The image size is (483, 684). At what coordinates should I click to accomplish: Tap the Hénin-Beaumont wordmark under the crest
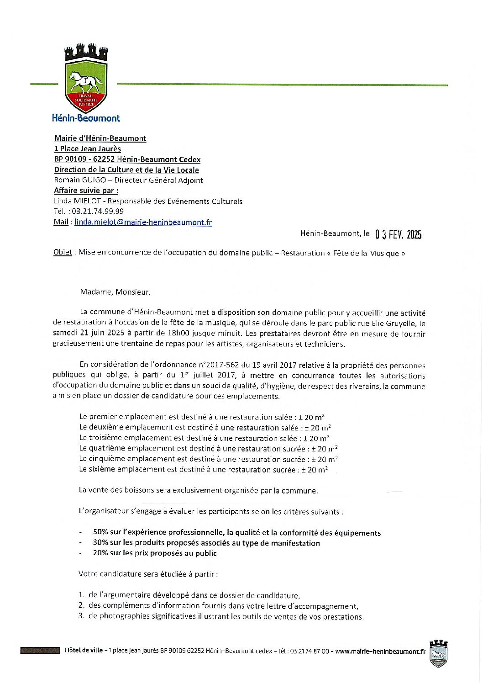click(86, 118)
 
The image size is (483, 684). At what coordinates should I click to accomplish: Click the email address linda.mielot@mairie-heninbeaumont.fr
click(143, 222)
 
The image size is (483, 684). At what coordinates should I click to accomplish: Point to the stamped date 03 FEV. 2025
click(398, 234)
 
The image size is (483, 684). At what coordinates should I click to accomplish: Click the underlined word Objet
click(63, 253)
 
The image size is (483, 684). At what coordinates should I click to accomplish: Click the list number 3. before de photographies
click(81, 616)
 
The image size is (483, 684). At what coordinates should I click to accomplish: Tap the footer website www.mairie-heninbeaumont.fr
click(380, 651)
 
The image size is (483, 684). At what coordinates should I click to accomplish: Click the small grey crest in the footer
click(438, 654)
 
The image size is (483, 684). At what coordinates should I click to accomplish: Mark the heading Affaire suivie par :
click(86, 191)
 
